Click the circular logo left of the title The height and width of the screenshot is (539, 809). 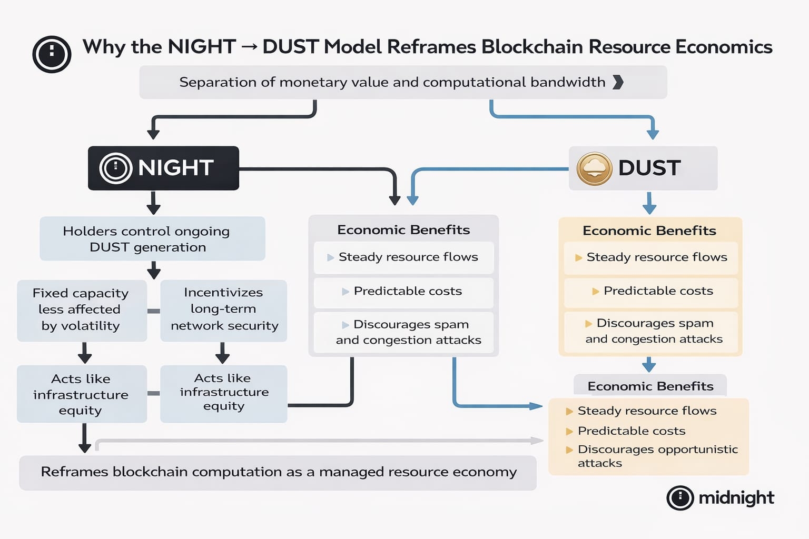point(52,54)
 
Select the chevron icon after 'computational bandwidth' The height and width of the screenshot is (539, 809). point(618,82)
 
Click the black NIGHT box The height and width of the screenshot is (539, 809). point(163,168)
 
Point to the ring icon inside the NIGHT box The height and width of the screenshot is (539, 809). point(115,168)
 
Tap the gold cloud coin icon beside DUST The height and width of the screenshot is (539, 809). point(594,168)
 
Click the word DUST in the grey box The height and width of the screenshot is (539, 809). point(649,168)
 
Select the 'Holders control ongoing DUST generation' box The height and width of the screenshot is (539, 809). point(152,239)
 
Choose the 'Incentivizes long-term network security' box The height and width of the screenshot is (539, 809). point(224,310)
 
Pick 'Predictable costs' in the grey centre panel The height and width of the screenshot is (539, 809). point(407,291)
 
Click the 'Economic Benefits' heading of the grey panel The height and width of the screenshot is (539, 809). point(403,230)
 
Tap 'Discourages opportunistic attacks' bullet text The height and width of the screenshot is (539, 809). point(657,456)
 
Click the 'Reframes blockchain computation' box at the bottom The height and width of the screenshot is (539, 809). point(278,472)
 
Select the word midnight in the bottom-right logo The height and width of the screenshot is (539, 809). point(736,498)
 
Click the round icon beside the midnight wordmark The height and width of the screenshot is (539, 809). point(680,498)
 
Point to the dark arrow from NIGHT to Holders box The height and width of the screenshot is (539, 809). point(153,203)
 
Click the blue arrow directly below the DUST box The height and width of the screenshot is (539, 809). point(649,203)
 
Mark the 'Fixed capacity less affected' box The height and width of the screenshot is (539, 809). point(82,310)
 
